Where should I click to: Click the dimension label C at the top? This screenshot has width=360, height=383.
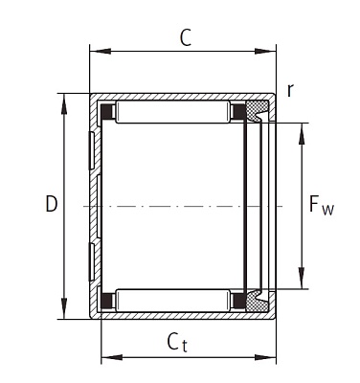186,37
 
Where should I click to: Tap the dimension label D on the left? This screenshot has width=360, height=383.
52,204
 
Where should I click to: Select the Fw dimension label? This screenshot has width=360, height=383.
321,205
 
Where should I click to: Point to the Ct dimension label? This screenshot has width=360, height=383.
177,342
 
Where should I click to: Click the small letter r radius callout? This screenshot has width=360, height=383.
290,91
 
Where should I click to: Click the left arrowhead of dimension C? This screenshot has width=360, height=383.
101,51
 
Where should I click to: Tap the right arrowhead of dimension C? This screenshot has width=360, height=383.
265,51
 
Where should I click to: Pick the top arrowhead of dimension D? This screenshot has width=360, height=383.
64,103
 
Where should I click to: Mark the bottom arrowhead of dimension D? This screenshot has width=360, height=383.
64,308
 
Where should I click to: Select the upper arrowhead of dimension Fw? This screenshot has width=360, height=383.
301,133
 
